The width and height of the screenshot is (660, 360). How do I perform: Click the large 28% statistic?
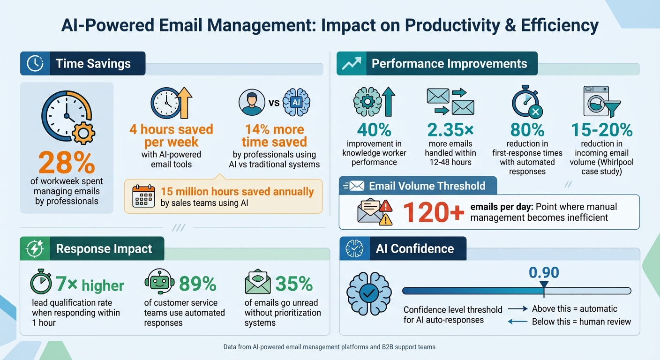click(67, 163)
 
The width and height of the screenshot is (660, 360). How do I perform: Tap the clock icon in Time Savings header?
click(35, 64)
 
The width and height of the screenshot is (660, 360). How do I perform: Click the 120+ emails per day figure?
click(434, 212)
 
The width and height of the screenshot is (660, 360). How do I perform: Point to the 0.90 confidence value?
click(544, 272)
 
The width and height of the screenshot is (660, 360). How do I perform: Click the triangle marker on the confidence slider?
click(544, 285)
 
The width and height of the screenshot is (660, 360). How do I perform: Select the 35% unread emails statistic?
click(294, 284)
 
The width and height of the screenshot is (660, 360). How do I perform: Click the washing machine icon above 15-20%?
click(596, 101)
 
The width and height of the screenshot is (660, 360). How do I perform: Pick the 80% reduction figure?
click(527, 130)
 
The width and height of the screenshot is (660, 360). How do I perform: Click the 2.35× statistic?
click(450, 130)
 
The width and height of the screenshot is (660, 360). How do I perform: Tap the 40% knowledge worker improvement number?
click(374, 130)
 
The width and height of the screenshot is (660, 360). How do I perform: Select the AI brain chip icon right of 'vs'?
click(297, 102)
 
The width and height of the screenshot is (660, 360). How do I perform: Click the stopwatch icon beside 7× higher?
click(41, 283)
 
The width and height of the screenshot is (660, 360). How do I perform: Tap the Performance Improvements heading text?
click(449, 64)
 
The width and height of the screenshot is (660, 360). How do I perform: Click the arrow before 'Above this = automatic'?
click(517, 309)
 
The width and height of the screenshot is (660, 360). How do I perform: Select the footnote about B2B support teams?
click(330, 347)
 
